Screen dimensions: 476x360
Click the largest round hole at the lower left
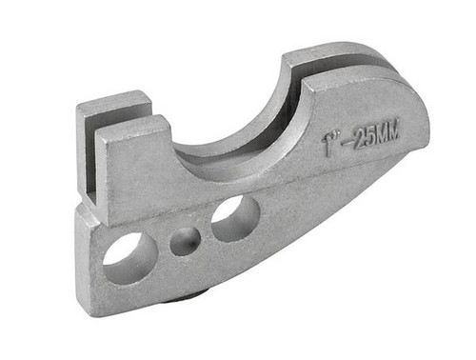tap(130, 258)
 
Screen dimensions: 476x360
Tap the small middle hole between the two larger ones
tap(186, 241)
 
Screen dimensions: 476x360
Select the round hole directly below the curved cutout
tap(235, 219)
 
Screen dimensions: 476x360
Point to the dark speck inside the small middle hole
tap(190, 243)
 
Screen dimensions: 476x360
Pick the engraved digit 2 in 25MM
tap(360, 139)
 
